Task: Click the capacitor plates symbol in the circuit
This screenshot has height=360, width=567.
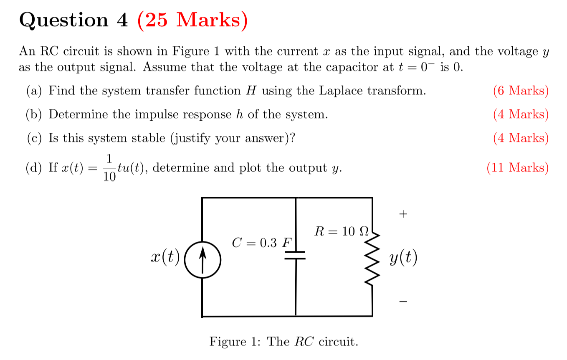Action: click(x=296, y=255)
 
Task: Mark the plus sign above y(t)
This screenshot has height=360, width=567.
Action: click(x=403, y=214)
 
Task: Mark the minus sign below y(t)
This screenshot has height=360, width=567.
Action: click(x=403, y=301)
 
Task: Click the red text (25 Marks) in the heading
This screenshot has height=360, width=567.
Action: click(x=192, y=20)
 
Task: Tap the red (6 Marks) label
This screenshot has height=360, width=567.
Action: click(x=520, y=91)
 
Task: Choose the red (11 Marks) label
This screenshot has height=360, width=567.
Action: click(x=517, y=167)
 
